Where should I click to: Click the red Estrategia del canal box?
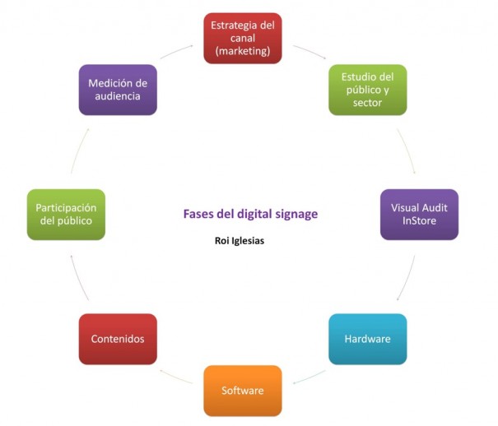243,39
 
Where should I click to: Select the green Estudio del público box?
367,90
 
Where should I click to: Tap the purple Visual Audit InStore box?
419,215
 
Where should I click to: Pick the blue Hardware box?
367,339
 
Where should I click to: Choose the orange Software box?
243,391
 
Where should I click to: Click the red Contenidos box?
118,339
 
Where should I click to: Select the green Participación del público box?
66,215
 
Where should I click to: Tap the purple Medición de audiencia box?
118,90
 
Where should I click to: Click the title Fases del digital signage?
250,214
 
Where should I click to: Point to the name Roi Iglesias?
240,241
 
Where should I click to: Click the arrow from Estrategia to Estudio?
310,51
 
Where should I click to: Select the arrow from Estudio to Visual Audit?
407,150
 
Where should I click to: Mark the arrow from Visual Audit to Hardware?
407,278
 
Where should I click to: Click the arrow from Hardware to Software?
310,377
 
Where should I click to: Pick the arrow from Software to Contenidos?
175,377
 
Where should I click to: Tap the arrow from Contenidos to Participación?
78,277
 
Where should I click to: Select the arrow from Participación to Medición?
78,150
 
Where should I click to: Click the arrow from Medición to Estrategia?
176,51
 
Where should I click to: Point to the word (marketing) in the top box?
243,51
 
